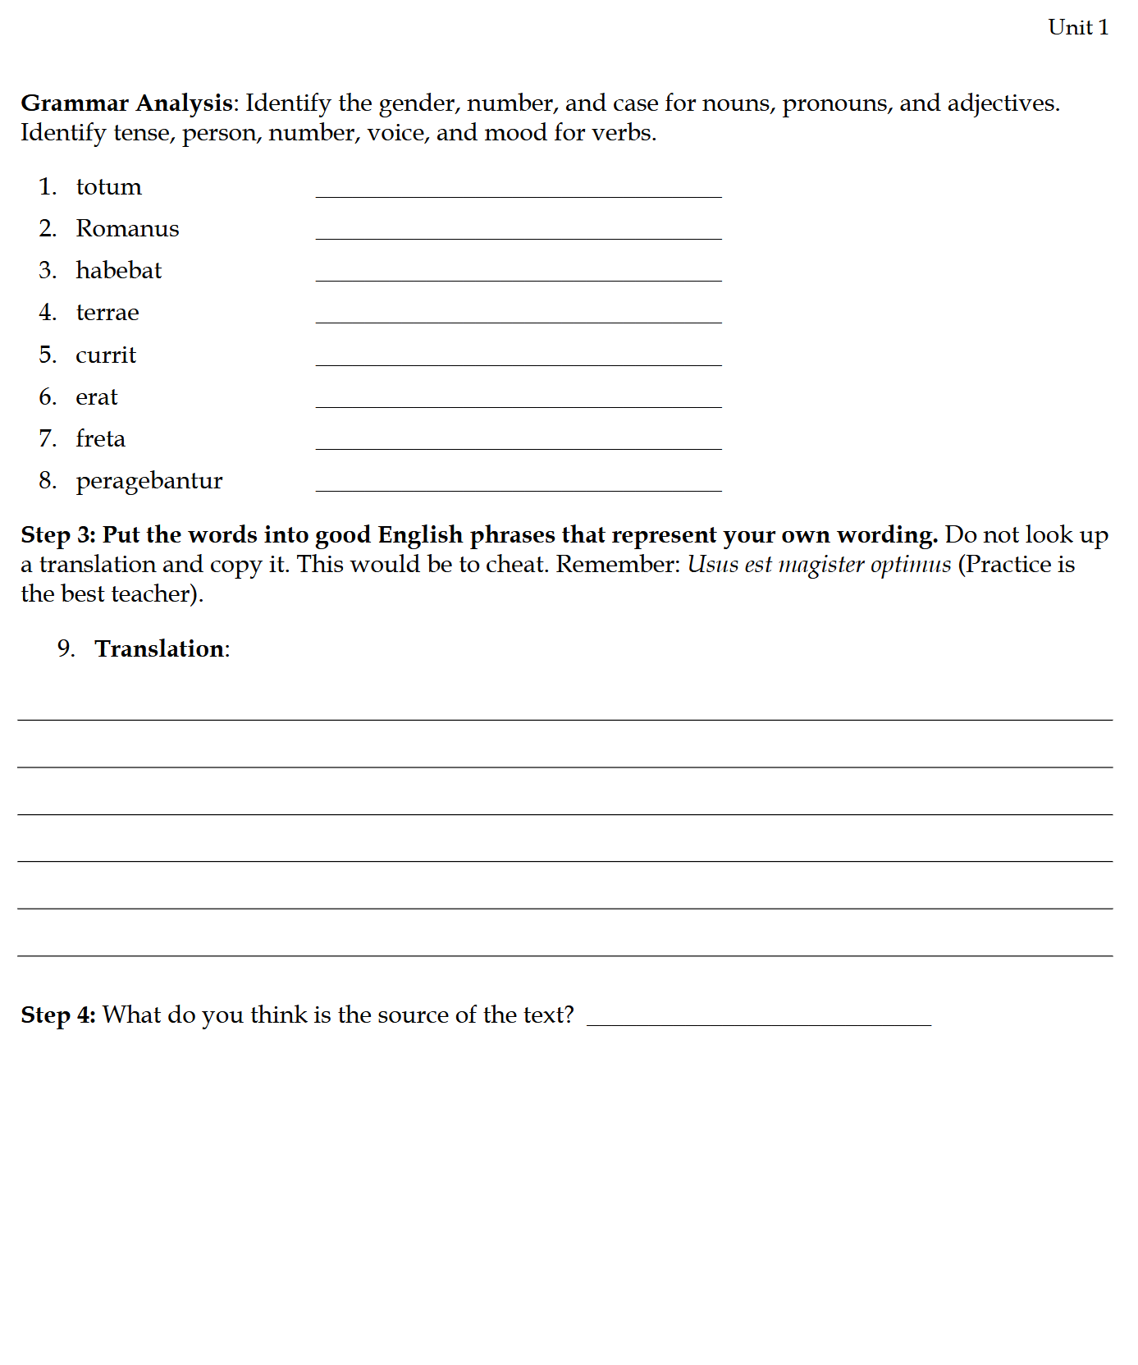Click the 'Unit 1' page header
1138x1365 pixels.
coord(1077,28)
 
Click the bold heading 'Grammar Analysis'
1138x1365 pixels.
coord(127,103)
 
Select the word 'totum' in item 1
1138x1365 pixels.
coord(108,187)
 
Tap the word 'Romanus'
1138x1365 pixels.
coord(127,229)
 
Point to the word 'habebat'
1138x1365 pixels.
coord(118,271)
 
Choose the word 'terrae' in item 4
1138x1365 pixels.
coord(107,313)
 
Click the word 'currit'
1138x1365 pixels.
coord(106,355)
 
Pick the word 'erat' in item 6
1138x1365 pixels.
coord(97,397)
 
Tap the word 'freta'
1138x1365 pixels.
coord(100,439)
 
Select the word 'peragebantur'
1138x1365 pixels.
coord(149,481)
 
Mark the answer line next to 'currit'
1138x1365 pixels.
coord(518,359)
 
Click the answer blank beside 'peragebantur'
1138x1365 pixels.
coord(518,484)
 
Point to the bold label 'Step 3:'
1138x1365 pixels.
coord(58,535)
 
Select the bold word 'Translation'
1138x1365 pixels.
coord(160,649)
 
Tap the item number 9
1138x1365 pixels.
coord(66,649)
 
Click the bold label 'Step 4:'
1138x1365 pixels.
coord(58,1015)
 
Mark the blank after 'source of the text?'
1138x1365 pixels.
coord(758,1019)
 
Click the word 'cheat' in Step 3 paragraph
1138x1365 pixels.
coord(514,565)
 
